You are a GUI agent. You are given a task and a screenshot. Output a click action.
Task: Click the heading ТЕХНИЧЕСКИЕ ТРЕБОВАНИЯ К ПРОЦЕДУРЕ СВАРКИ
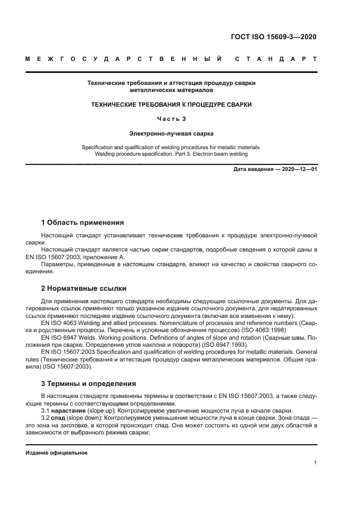pos(172,104)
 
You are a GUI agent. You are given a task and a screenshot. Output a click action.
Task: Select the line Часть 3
pos(172,119)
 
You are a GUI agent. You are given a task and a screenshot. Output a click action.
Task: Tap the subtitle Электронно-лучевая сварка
pos(172,133)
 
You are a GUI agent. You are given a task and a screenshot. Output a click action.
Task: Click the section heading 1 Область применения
pos(83,223)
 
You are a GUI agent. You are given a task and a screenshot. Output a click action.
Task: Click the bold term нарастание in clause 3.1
pos(69,410)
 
